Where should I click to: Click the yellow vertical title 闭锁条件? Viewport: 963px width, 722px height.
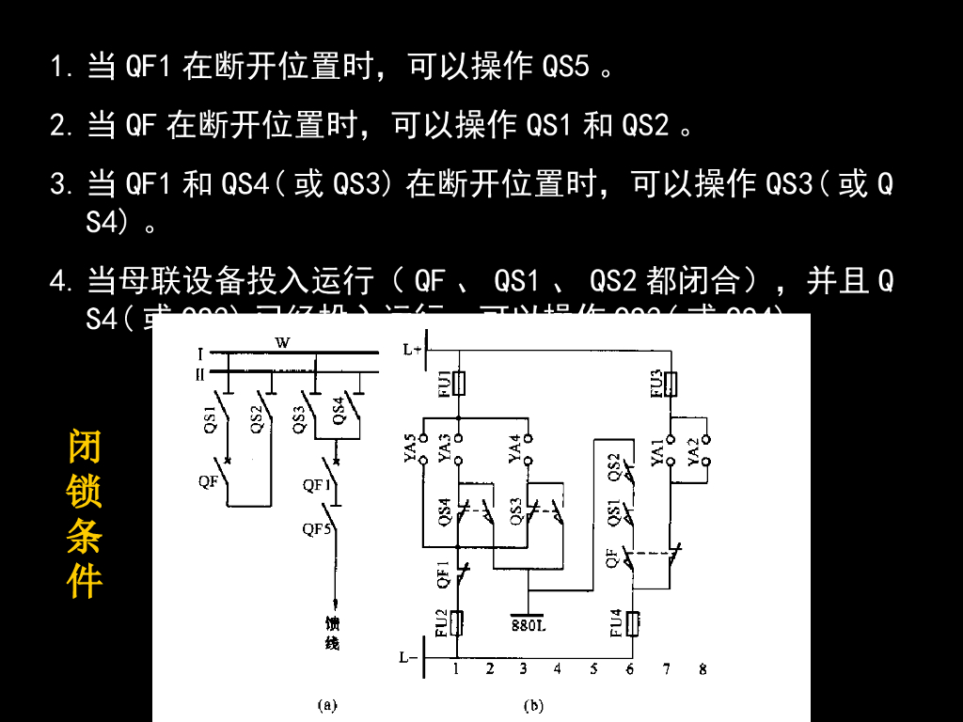pyautogui.click(x=85, y=514)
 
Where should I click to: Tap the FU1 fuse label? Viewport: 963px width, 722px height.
pyautogui.click(x=444, y=383)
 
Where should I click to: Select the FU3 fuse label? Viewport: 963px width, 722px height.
pyautogui.click(x=655, y=384)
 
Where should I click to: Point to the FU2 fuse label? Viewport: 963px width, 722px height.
pyautogui.click(x=442, y=623)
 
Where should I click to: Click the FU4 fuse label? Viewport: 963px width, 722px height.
pyautogui.click(x=617, y=623)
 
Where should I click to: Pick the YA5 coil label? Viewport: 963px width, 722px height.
pyautogui.click(x=410, y=448)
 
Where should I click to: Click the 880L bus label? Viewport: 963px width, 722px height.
pyautogui.click(x=529, y=624)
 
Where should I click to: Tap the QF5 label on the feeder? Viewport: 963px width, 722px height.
pyautogui.click(x=317, y=528)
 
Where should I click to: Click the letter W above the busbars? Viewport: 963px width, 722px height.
pyautogui.click(x=282, y=343)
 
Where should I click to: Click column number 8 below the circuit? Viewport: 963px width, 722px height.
pyautogui.click(x=703, y=669)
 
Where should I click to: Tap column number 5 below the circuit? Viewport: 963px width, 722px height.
pyautogui.click(x=593, y=669)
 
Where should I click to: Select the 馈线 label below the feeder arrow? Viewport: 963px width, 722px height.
pyautogui.click(x=332, y=633)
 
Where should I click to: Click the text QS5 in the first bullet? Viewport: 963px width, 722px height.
pyautogui.click(x=566, y=67)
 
